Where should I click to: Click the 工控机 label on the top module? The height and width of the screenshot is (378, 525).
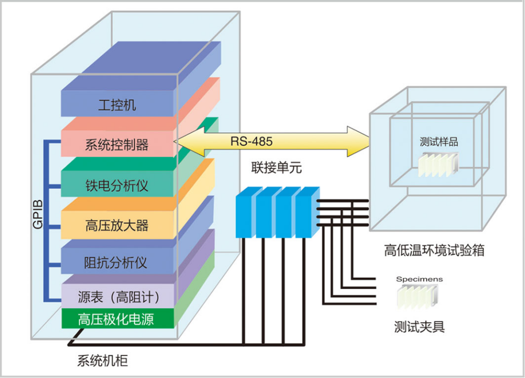pyautogui.click(x=117, y=106)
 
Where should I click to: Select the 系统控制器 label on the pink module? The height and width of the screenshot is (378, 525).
pyautogui.click(x=117, y=145)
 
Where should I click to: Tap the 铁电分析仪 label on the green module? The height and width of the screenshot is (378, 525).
pyautogui.click(x=117, y=186)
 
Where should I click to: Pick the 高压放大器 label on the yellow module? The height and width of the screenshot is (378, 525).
pyautogui.click(x=117, y=225)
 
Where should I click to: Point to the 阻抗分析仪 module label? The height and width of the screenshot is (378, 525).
pyautogui.click(x=115, y=263)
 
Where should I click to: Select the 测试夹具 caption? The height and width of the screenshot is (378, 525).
pyautogui.click(x=419, y=326)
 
